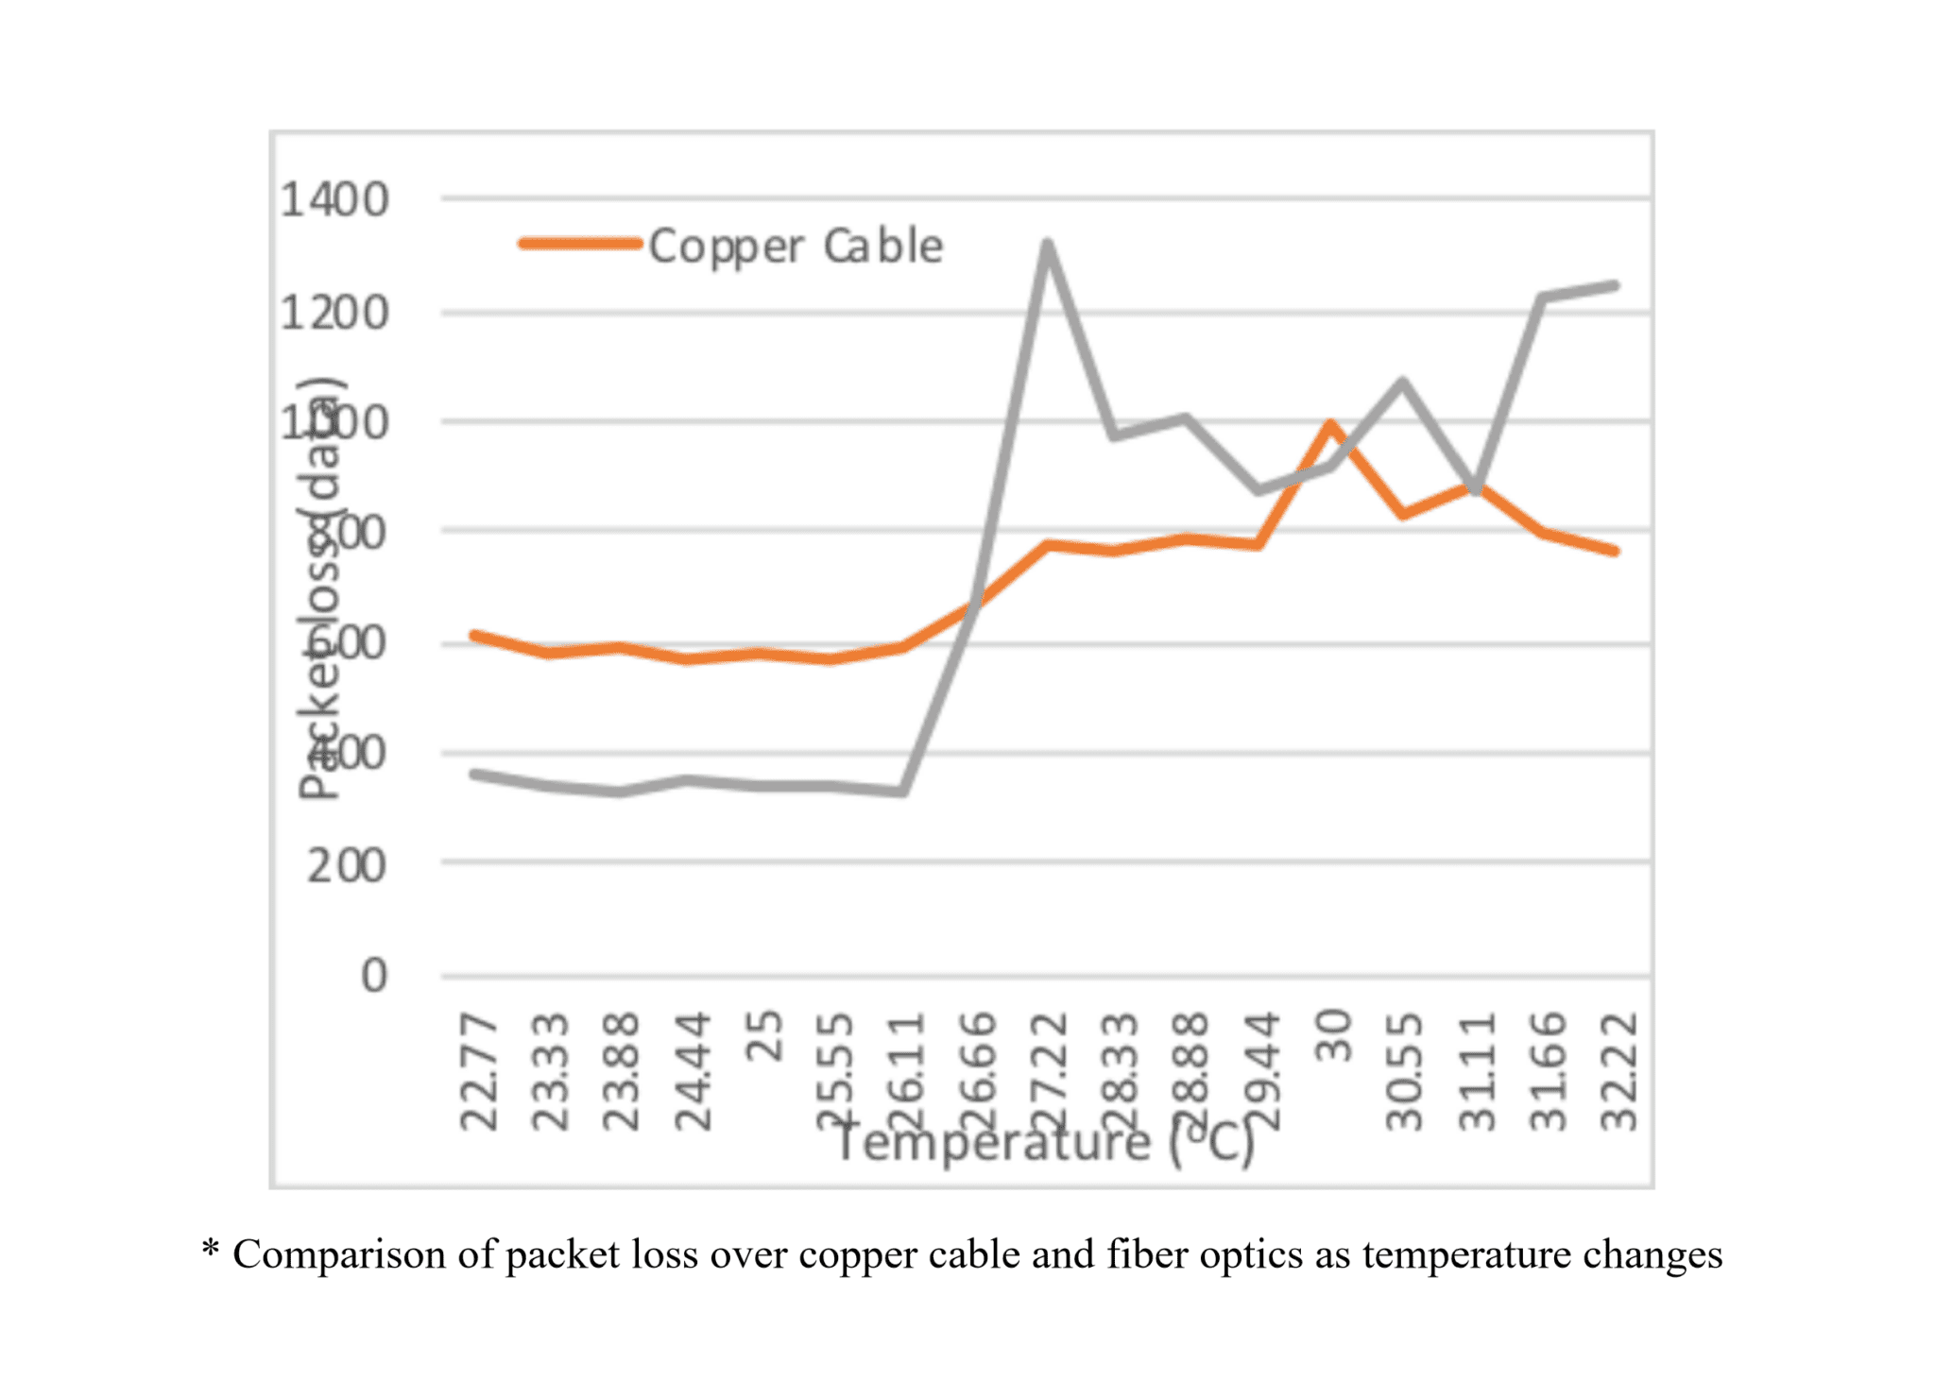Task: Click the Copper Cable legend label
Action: tap(796, 247)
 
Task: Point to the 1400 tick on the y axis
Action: tap(334, 200)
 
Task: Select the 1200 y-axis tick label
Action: tap(334, 313)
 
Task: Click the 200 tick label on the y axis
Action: tap(347, 865)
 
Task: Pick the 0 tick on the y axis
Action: tap(374, 976)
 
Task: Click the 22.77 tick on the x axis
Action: tap(479, 1071)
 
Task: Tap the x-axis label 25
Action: tap(765, 1036)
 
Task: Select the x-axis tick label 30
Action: tap(1333, 1036)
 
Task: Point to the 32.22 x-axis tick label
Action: tap(1618, 1071)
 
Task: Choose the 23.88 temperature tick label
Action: tap(622, 1071)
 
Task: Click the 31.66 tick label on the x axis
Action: tap(1548, 1071)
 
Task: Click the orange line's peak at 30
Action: tap(1331, 424)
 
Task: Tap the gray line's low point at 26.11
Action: tap(903, 792)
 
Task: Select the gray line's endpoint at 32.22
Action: tap(1616, 285)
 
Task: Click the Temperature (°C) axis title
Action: tap(1045, 1144)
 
